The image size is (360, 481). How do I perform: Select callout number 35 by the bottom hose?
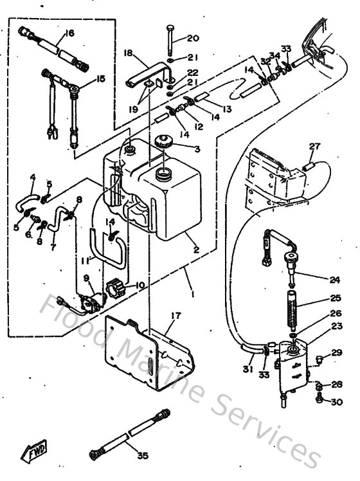click(x=142, y=455)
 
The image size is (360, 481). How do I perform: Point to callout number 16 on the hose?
click(x=69, y=33)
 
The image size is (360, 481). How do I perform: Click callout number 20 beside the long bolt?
click(x=193, y=38)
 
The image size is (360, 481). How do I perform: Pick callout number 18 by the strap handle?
click(x=128, y=53)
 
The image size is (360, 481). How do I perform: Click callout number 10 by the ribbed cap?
click(x=139, y=285)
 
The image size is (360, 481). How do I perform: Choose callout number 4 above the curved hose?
click(x=33, y=177)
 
